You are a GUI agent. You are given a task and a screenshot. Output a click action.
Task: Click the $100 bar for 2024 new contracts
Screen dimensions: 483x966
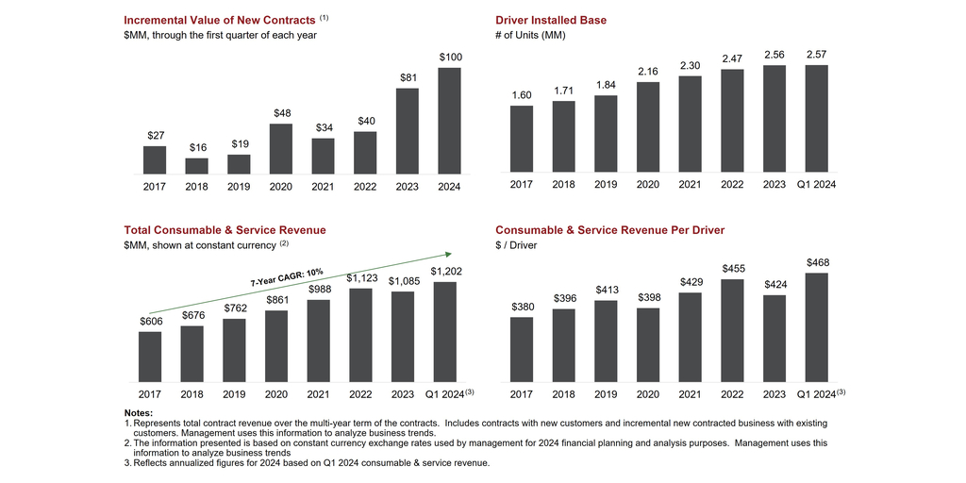click(450, 121)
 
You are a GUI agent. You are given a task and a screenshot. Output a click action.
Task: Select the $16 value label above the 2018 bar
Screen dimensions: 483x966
click(197, 148)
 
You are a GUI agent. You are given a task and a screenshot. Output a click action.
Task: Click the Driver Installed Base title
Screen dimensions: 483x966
click(551, 20)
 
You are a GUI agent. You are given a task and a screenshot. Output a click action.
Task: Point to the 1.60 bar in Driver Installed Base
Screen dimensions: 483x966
click(522, 141)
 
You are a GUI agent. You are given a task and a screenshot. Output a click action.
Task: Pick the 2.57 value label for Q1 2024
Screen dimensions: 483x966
click(817, 55)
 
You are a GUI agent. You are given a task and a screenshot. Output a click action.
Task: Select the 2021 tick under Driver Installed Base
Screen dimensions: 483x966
click(691, 185)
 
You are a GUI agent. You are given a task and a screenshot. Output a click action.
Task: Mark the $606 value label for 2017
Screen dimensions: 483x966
click(149, 322)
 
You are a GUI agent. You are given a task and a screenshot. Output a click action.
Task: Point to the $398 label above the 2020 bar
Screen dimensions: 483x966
click(648, 298)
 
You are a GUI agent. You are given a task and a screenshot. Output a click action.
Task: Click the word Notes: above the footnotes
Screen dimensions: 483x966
click(139, 413)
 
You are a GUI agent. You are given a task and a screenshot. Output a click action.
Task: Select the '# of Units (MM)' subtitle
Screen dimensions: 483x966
click(530, 35)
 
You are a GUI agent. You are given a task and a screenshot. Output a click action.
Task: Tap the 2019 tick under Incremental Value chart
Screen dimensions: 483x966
click(240, 186)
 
